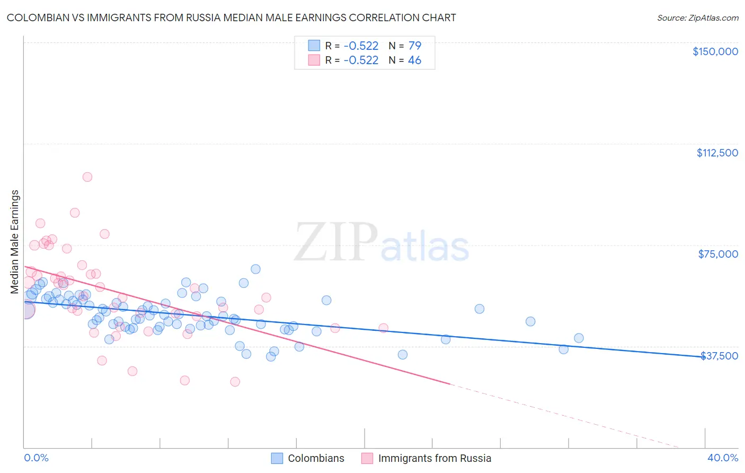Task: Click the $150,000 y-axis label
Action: [x=715, y=51]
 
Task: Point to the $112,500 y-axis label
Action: [x=717, y=153]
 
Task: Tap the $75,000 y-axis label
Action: [x=718, y=254]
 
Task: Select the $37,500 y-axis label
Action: [x=719, y=356]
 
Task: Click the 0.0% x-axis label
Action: [x=36, y=458]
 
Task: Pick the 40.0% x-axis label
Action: [x=722, y=458]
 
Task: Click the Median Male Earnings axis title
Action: [x=15, y=241]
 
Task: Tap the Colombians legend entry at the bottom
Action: [x=316, y=458]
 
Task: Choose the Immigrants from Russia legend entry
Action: [x=434, y=458]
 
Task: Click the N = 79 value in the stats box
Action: [x=405, y=46]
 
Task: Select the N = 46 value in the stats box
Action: [x=405, y=60]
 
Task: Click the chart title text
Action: [x=231, y=17]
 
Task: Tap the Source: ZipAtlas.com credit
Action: [x=697, y=18]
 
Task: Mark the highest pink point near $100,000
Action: [x=87, y=177]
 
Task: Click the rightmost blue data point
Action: [x=579, y=338]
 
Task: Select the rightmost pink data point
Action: [x=383, y=328]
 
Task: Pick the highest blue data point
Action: [x=255, y=269]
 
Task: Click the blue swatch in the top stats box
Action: [x=314, y=46]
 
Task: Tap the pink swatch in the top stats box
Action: [x=314, y=60]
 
